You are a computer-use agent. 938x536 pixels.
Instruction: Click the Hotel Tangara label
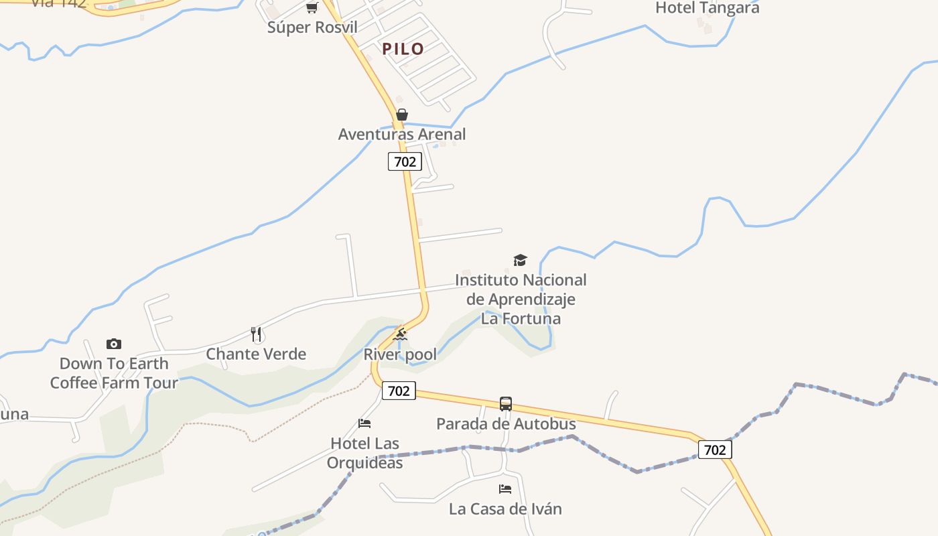[707, 8]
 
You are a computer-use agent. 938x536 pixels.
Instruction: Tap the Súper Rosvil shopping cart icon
[312, 8]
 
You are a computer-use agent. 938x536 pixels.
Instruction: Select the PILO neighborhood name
[403, 49]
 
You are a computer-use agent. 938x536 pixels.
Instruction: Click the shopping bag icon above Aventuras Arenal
[402, 115]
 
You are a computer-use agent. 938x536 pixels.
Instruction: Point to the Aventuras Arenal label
[402, 134]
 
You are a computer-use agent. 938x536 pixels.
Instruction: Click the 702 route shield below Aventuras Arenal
[405, 161]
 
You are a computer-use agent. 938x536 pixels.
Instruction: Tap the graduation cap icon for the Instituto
[520, 260]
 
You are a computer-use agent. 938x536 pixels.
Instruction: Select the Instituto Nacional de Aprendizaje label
[521, 299]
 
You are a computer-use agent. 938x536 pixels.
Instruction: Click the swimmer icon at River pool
[400, 334]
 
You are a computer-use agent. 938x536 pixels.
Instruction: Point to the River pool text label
[400, 354]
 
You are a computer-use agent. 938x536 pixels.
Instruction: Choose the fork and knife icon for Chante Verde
[256, 334]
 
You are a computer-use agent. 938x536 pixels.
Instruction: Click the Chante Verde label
[256, 354]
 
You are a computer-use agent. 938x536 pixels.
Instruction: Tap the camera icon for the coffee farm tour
[114, 344]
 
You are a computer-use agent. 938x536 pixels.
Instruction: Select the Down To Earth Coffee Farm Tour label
[114, 373]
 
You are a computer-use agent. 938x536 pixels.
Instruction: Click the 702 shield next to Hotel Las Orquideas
[399, 391]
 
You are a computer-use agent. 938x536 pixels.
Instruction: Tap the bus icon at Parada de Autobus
[506, 404]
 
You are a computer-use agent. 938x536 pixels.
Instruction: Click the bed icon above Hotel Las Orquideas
[364, 423]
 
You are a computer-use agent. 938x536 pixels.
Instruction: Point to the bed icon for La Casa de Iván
[505, 489]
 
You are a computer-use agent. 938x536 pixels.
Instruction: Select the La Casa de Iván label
[505, 509]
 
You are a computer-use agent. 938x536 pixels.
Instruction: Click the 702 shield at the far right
[715, 450]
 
